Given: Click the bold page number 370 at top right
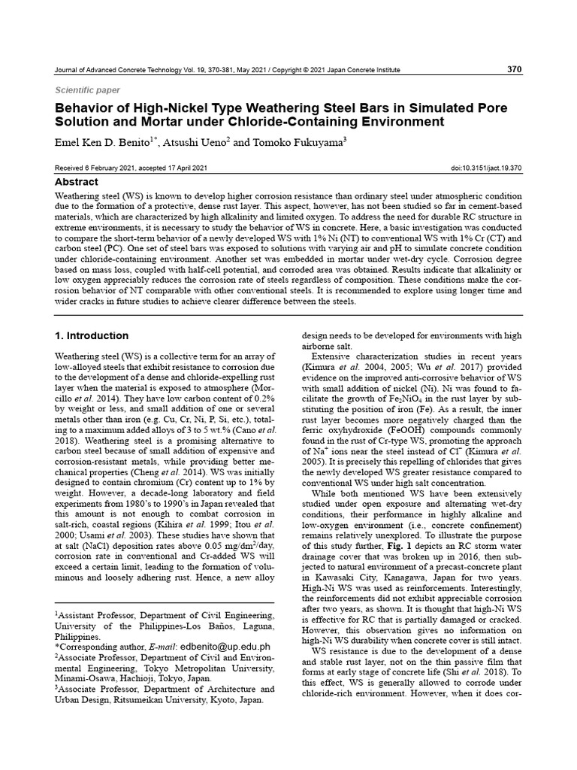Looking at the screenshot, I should pyautogui.click(x=514, y=69).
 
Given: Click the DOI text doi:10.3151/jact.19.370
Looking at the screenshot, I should pyautogui.click(x=485, y=168).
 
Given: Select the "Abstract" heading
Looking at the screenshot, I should pyautogui.click(x=77, y=182).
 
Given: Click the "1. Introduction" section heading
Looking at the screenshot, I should pyautogui.click(x=92, y=335).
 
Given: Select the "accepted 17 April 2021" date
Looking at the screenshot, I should pyautogui.click(x=178, y=168).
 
